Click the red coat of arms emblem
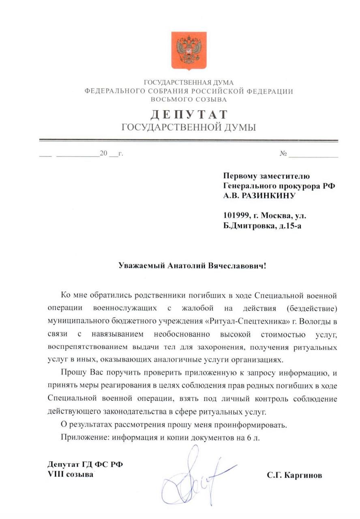pos(189,51)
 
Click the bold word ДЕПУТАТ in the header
pos(189,115)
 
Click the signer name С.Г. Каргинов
pos(294,476)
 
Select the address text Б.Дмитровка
pos(248,225)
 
